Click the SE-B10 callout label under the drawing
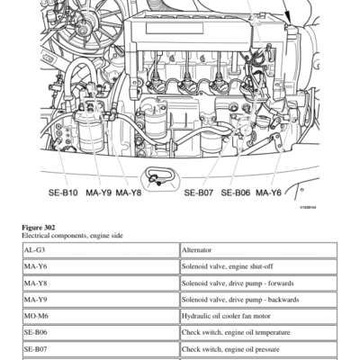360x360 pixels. point(63,193)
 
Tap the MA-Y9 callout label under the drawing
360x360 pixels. point(99,193)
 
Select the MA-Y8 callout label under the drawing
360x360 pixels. point(129,193)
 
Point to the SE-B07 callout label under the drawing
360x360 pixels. point(199,193)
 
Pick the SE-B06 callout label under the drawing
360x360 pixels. point(236,193)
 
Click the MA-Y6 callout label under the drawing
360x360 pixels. point(268,193)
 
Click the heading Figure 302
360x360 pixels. point(39,228)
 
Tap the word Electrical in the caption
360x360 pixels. point(35,236)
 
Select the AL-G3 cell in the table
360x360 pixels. point(101,250)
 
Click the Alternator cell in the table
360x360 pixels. point(259,250)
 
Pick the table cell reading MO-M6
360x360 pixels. point(101,316)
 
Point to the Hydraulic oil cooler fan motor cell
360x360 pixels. point(259,316)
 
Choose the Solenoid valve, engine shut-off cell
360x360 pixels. point(259,266)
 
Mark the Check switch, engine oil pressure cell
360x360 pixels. point(259,349)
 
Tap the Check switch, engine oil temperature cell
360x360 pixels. point(259,333)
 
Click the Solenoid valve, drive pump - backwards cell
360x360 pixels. point(259,300)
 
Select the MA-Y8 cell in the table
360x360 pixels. point(101,283)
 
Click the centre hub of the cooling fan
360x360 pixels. point(82,30)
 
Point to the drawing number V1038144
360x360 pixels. point(308,207)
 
